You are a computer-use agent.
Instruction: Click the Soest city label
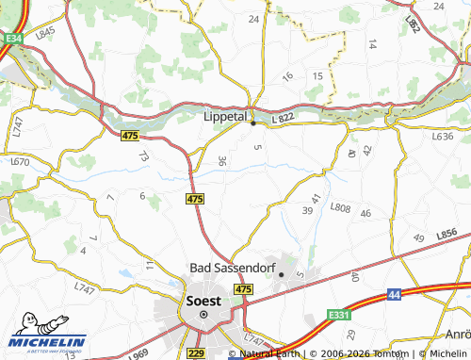[203, 301]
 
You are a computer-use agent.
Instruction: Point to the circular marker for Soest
[203, 315]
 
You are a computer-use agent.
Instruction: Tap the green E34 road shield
[12, 39]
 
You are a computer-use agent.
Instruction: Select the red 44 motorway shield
[394, 296]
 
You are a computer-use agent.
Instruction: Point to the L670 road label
[20, 162]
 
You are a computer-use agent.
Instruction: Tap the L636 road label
[442, 137]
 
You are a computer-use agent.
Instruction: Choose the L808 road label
[340, 207]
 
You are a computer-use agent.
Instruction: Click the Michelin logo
[47, 343]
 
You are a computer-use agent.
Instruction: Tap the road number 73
[144, 156]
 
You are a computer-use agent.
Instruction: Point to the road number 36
[221, 162]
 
